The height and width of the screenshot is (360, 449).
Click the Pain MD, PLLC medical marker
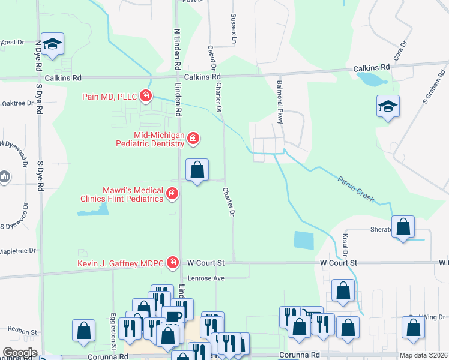pos(145,95)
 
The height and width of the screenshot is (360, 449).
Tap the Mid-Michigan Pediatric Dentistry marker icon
pos(193,139)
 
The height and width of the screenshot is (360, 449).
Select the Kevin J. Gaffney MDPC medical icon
pos(173,262)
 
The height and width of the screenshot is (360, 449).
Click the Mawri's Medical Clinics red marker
pos(172,193)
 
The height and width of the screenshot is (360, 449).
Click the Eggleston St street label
pos(113,327)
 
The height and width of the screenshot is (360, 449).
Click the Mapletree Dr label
pos(18,251)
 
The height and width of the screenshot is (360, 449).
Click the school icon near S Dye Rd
pos(53,44)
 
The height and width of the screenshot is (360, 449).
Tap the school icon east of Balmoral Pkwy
pos(388,106)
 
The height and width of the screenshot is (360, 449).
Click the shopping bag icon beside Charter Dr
pos(197,170)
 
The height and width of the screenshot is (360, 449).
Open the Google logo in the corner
pos(20,353)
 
